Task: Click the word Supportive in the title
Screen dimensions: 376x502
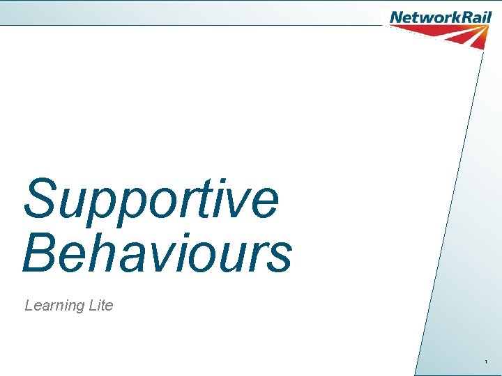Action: tap(151, 198)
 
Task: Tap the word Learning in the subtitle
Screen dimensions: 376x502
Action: tap(54, 306)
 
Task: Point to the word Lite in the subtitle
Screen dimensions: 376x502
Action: tap(100, 305)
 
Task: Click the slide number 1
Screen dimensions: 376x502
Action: tap(486, 362)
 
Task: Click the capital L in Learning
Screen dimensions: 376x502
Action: tap(29, 305)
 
